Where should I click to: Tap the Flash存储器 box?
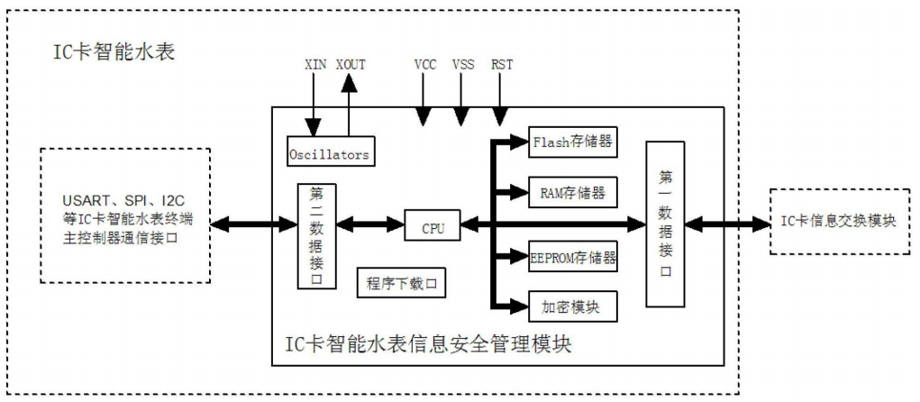point(574,142)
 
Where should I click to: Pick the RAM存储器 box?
point(573,191)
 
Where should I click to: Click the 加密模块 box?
point(573,306)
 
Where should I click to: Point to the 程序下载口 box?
point(402,282)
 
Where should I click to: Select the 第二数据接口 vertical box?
point(316,235)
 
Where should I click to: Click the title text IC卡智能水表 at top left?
point(113,52)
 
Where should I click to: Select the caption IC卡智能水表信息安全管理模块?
point(428,343)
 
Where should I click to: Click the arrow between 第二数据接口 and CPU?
point(369,224)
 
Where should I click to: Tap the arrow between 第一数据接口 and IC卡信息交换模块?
point(726,224)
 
